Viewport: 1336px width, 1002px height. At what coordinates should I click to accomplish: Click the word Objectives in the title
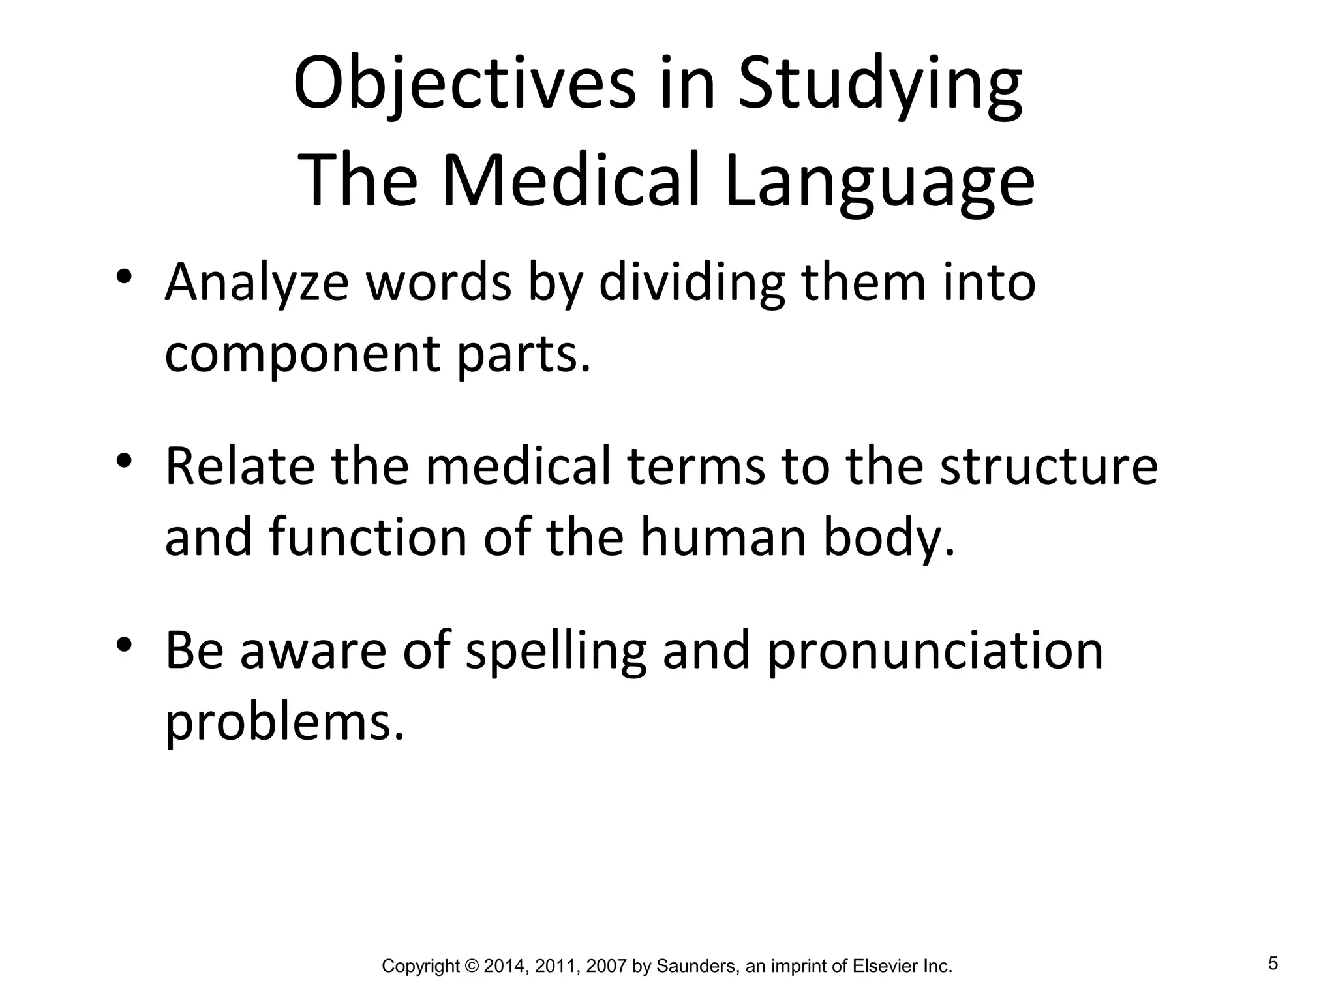point(464,85)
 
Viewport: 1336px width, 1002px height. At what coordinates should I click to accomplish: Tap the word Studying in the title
point(880,85)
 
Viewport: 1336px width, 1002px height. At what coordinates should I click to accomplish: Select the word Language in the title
point(879,181)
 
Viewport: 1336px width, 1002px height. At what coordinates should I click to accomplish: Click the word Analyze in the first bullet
point(256,283)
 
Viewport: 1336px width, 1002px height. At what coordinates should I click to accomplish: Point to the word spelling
point(556,650)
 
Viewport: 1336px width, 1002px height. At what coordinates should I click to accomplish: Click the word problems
point(284,722)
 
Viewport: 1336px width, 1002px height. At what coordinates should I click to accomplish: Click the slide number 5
point(1273,964)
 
